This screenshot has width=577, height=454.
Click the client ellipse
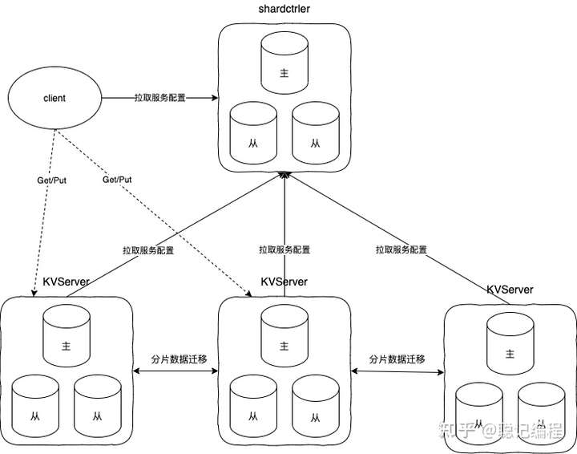click(x=54, y=98)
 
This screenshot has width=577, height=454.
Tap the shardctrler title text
click(x=284, y=9)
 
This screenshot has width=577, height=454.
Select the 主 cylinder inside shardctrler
click(x=284, y=71)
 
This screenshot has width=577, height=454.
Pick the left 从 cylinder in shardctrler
click(x=252, y=136)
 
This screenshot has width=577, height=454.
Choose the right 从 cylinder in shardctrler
click(x=315, y=136)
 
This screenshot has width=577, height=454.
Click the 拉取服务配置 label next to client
click(x=159, y=98)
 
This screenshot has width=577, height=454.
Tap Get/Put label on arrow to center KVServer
click(x=117, y=180)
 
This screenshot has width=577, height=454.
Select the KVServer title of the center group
click(x=284, y=283)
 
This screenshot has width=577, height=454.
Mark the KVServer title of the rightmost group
click(x=510, y=289)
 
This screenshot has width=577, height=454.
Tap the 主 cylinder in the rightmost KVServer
click(x=510, y=351)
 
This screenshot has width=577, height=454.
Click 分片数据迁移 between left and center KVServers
click(x=180, y=359)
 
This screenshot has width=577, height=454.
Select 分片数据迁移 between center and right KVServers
click(x=397, y=359)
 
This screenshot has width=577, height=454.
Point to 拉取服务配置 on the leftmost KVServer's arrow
click(x=148, y=249)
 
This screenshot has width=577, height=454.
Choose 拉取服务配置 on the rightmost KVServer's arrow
click(x=401, y=249)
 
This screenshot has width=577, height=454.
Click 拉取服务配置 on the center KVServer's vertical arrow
click(x=284, y=249)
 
